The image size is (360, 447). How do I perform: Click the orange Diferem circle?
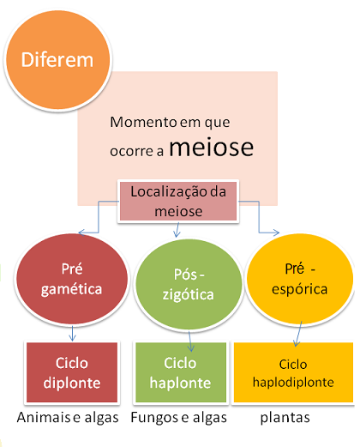point(58,60)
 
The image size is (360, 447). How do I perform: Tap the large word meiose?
point(212,148)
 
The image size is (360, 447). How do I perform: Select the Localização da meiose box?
point(178,202)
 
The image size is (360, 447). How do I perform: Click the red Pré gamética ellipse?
point(72,279)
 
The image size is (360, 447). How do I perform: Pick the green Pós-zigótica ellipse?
point(189,285)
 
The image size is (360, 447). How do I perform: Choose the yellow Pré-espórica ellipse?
point(300,279)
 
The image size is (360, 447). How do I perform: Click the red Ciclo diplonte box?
point(72,372)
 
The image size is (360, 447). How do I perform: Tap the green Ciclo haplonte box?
point(181,372)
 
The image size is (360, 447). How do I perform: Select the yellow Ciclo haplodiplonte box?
point(293,372)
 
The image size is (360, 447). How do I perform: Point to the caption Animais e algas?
point(68,418)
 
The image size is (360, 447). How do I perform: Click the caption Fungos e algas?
point(179,418)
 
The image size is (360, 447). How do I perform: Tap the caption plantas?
point(285,418)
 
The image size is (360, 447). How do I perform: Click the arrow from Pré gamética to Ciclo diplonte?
point(72,333)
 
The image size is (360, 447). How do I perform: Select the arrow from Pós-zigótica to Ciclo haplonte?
point(190,341)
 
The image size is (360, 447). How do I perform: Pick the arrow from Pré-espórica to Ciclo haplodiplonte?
point(298,334)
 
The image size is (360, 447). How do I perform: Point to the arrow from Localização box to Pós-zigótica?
point(177,230)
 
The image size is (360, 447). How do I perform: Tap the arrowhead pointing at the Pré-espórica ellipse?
point(276,233)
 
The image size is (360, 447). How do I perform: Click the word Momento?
point(143,122)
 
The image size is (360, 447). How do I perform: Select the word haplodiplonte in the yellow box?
point(293,382)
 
